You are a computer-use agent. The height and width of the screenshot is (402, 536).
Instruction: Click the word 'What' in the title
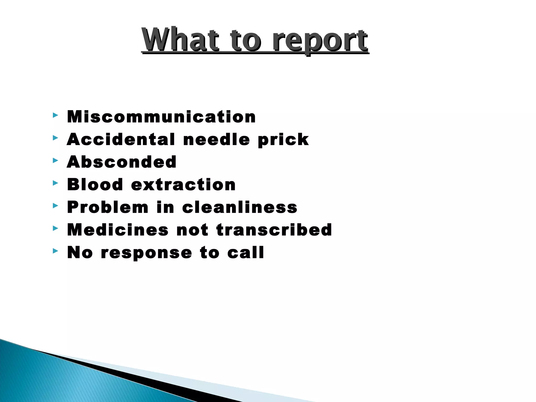coord(180,40)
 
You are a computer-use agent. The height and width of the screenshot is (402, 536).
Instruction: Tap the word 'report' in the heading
coord(320,41)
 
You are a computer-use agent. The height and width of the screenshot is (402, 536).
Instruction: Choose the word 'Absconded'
coord(122,162)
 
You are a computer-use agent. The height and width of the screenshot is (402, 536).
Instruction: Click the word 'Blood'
coord(95,185)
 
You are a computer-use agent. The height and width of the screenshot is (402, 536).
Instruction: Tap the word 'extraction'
coord(183,185)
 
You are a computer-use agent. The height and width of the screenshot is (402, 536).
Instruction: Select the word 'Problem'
coord(108,208)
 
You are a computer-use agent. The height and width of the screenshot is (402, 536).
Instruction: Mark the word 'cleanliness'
coord(240,207)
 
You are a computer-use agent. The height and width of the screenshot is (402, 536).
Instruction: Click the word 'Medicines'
coord(118,230)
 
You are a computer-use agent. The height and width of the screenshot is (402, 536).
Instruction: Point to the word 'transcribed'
coord(274,230)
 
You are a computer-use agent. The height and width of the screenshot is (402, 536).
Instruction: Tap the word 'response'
coord(147,253)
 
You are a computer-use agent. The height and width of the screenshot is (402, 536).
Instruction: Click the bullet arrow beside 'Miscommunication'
coord(55,115)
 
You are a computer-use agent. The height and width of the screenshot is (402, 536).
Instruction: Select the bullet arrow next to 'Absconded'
coord(55,160)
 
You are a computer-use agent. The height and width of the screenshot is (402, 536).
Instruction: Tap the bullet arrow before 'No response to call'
coord(55,251)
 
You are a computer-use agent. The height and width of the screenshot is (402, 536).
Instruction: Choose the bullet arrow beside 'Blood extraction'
coord(55,183)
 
